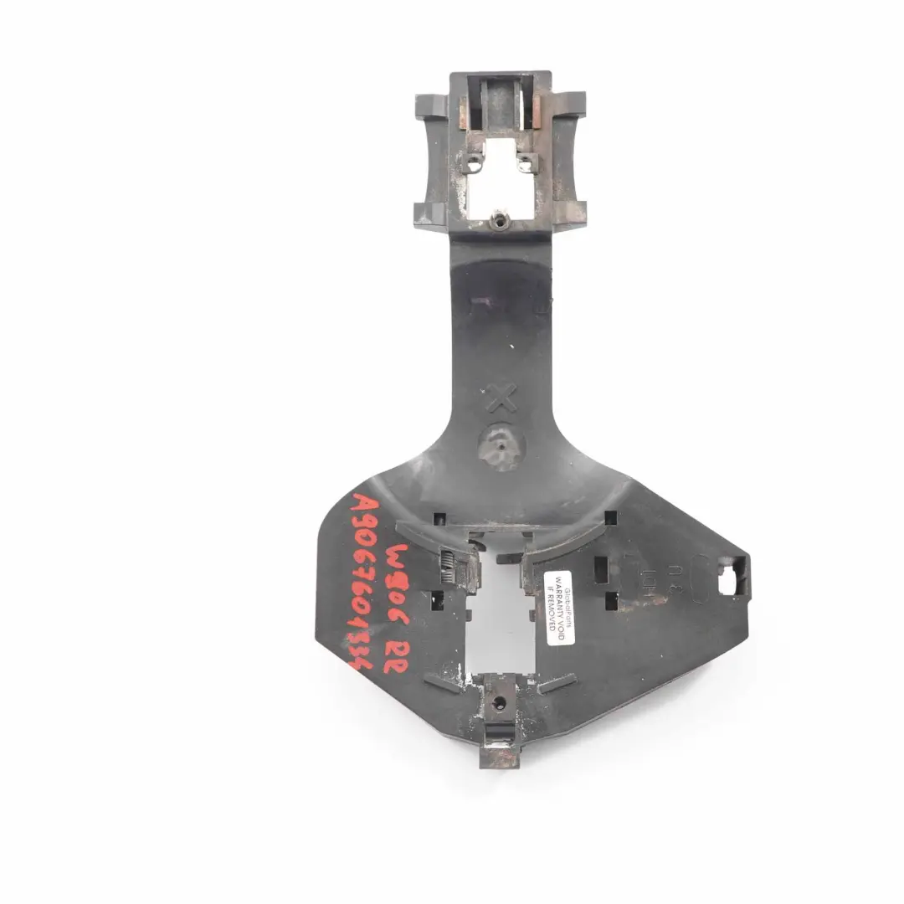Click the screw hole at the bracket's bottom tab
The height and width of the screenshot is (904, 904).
[x=501, y=704]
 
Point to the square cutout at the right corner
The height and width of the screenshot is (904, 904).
[x=731, y=578]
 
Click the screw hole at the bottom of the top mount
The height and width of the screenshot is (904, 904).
[x=501, y=220]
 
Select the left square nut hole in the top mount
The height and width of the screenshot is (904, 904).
[x=475, y=163]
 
